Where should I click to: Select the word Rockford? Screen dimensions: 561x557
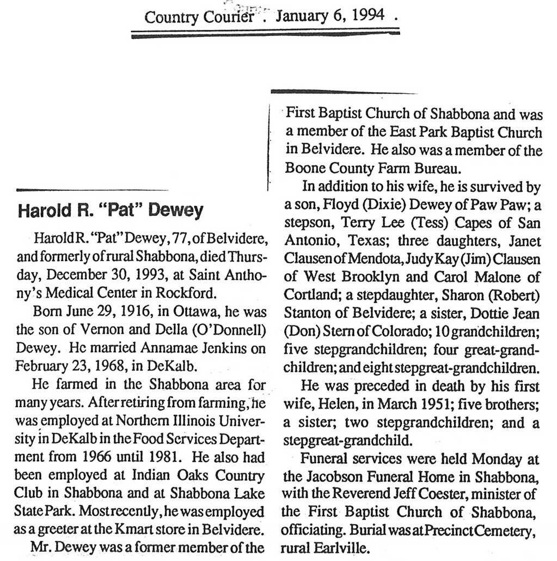(x=184, y=292)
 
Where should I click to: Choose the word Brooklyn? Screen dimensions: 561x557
(x=384, y=276)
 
